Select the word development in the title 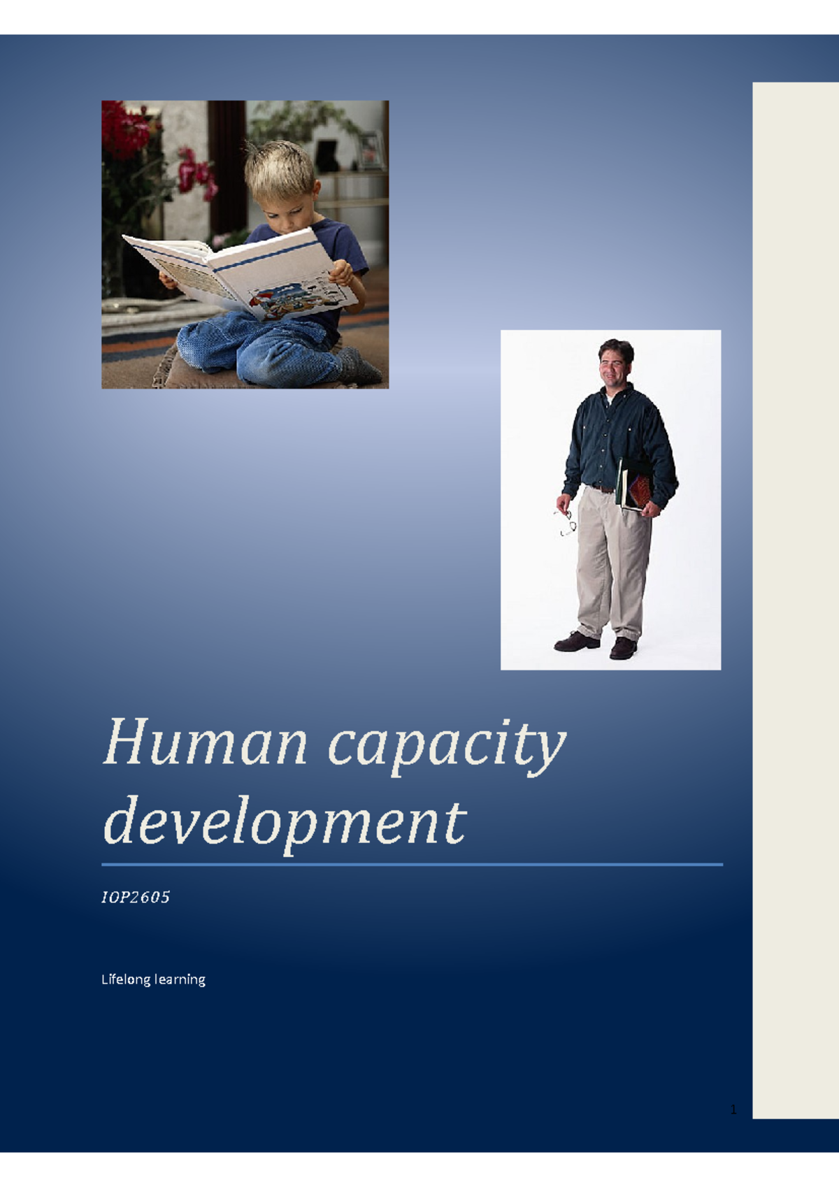click(284, 822)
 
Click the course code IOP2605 click(136, 898)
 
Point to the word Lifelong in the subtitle click(126, 979)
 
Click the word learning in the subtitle click(180, 980)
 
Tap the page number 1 click(733, 1109)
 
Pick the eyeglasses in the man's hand click(567, 523)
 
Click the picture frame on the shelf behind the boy click(371, 150)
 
